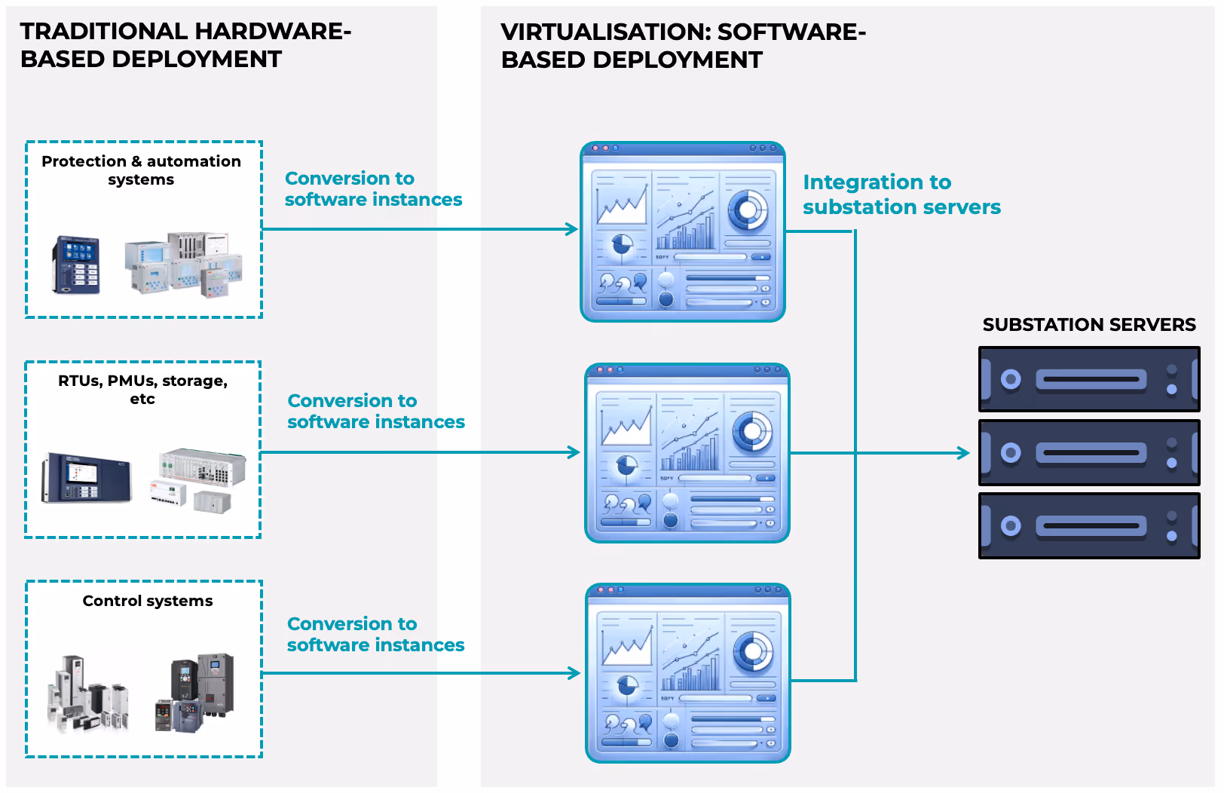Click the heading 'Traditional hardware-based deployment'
[x=185, y=45]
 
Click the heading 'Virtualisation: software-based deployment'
[x=683, y=46]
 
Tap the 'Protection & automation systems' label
[x=141, y=170]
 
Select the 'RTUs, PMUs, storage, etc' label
[x=142, y=390]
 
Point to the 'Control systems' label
[x=148, y=601]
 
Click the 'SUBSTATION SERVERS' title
[x=1088, y=325]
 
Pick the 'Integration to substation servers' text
[x=901, y=194]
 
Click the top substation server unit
[x=1088, y=379]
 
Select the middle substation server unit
[x=1088, y=452]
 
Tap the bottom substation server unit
[x=1088, y=525]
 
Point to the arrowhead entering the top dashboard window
[x=572, y=229]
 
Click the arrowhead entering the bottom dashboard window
[x=574, y=673]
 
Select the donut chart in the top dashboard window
[x=747, y=210]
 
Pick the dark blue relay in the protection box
[x=76, y=265]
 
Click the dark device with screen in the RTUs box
[x=86, y=478]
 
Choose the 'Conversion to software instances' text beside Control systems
[x=375, y=635]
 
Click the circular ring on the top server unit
[x=1011, y=379]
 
